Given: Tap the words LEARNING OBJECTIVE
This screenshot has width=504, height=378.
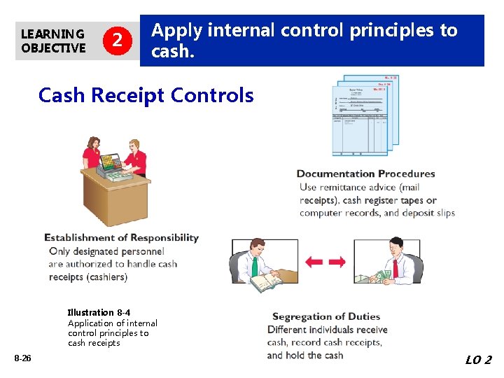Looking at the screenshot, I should (53, 41).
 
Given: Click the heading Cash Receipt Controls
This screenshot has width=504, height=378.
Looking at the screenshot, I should (146, 95).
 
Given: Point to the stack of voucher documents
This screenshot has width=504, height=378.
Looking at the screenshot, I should (365, 115).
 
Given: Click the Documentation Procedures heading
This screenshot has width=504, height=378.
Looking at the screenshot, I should (365, 174).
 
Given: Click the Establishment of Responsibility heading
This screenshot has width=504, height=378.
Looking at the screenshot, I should (121, 238).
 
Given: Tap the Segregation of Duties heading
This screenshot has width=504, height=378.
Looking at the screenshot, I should (325, 317).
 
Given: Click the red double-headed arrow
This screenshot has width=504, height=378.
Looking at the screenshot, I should (325, 262).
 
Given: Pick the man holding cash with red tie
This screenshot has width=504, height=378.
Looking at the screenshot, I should (395, 259).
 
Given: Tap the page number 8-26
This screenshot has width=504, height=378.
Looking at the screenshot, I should (22, 358).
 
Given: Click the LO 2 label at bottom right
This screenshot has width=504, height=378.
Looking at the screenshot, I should (478, 360).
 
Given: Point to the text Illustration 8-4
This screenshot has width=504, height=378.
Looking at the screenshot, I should (99, 312).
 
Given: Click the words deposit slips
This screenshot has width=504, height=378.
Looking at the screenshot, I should (427, 213).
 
